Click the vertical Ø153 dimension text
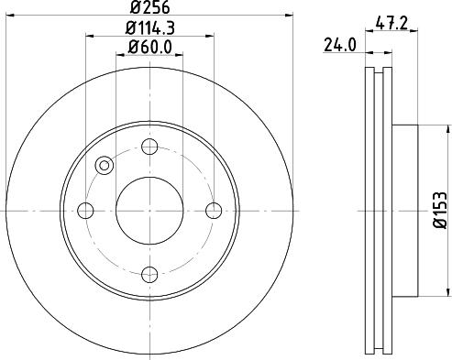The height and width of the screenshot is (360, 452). [441, 211]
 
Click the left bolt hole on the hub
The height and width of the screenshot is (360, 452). [87, 211]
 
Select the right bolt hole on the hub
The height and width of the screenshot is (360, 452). [214, 211]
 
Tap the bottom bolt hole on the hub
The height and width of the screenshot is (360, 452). [150, 274]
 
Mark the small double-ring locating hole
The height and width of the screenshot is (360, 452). [105, 166]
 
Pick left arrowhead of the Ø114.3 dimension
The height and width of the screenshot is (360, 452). [90, 37]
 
